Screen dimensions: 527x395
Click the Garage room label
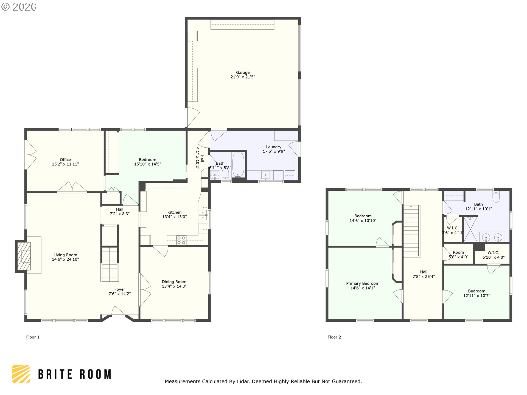243,73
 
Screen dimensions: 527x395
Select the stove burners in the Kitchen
181,240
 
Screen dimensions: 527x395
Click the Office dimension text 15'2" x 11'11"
65,164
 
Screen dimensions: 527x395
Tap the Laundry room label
274,147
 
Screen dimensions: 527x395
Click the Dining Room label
174,282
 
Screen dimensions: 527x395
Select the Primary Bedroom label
363,283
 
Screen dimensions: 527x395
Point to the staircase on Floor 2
411,231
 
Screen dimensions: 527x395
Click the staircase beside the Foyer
110,264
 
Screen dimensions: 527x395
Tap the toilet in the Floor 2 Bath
496,196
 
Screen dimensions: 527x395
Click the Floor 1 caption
33,337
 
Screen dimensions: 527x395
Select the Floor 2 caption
334,337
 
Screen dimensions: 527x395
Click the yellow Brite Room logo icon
21,374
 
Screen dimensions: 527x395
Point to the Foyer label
120,289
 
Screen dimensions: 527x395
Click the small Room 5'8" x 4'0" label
458,255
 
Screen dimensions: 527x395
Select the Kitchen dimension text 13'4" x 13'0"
174,217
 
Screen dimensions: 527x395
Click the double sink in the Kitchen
203,215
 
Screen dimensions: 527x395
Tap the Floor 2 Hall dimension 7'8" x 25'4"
424,276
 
